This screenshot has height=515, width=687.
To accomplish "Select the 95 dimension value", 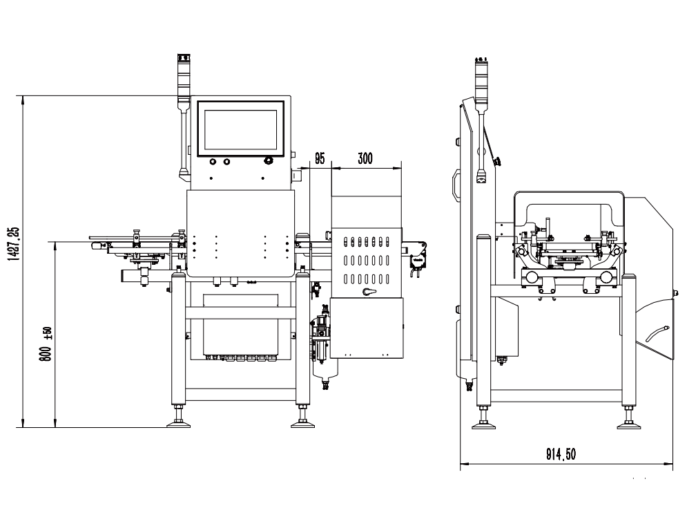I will click(x=320, y=158).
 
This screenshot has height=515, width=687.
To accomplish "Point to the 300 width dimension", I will click(x=365, y=158).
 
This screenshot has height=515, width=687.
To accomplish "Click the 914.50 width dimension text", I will click(x=561, y=453).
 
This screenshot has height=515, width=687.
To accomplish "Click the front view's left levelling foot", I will click(x=180, y=422).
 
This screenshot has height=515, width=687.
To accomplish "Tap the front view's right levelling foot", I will click(x=302, y=422).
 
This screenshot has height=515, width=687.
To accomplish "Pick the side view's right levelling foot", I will click(x=628, y=422).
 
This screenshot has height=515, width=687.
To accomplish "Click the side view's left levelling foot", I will click(x=483, y=422).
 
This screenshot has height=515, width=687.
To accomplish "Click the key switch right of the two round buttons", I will click(x=268, y=162).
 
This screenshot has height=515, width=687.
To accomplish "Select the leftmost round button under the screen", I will click(x=212, y=162).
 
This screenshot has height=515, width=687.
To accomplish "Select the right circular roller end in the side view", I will click(x=606, y=277).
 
